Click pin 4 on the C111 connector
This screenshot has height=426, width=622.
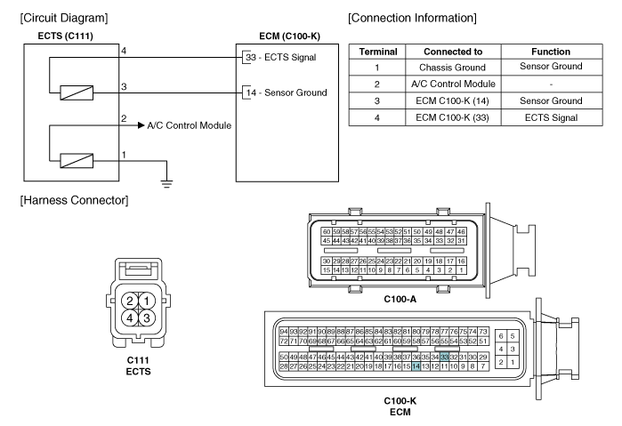(x=131, y=316)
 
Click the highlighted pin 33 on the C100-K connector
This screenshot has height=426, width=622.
(x=444, y=357)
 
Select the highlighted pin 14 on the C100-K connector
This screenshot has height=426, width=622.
(x=416, y=366)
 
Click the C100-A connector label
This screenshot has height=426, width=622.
(x=400, y=298)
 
